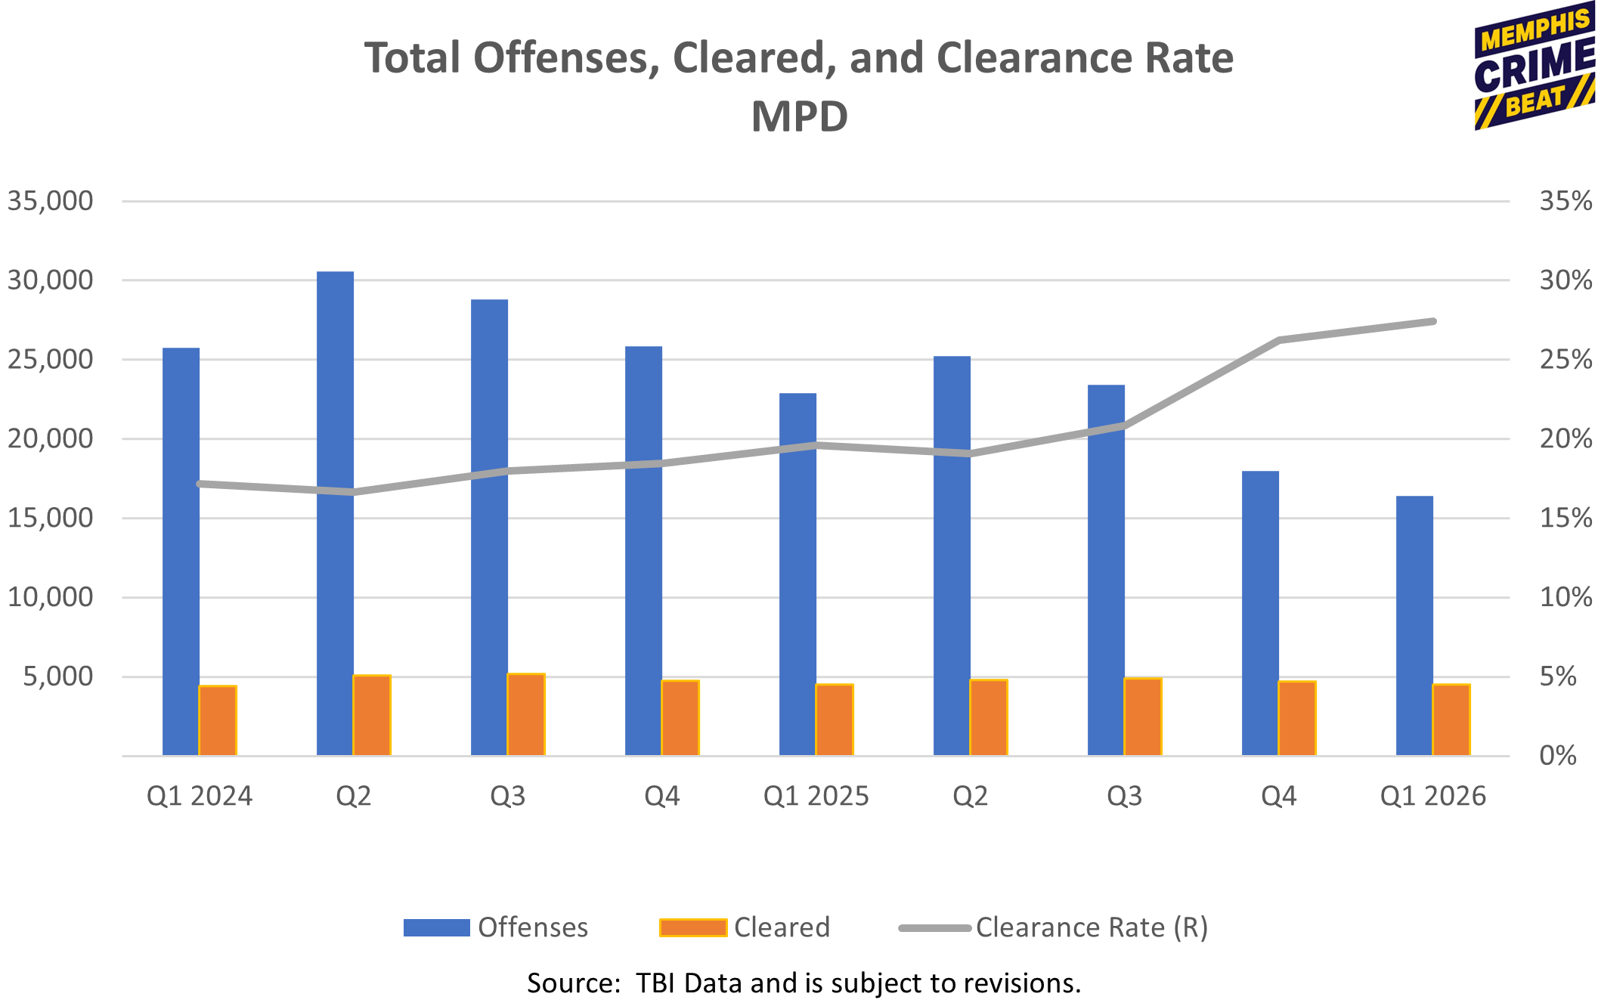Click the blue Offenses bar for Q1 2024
[x=181, y=552]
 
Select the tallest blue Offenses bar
[x=335, y=513]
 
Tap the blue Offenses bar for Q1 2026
[x=1414, y=626]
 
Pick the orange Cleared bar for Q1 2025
[x=835, y=720]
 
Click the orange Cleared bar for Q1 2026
[x=1451, y=720]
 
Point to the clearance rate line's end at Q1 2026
[x=1433, y=321]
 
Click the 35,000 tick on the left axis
[x=50, y=201]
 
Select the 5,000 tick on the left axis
[x=57, y=676]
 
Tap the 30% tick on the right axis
[x=1565, y=280]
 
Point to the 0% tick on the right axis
[x=1557, y=756]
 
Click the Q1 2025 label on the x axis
[x=816, y=797]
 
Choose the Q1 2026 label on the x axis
[x=1432, y=797]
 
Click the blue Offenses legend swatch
[x=437, y=927]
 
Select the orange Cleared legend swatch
[x=693, y=927]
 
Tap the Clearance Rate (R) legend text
[x=1092, y=927]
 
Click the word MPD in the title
[x=799, y=116]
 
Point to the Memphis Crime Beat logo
[x=1535, y=66]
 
